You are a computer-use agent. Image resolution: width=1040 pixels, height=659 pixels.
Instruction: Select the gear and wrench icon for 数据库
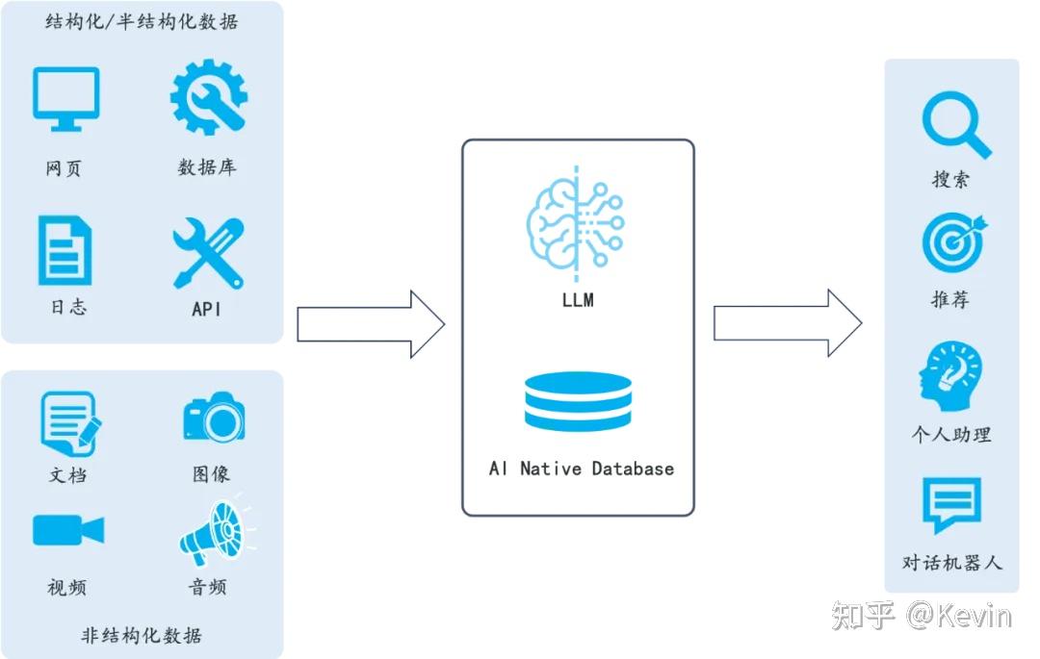point(209,97)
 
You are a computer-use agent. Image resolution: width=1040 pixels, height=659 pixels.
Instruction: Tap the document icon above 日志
point(65,250)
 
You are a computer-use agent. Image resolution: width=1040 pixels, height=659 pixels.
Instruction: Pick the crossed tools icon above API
point(207,252)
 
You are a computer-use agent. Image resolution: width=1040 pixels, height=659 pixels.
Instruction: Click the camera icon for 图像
point(214,418)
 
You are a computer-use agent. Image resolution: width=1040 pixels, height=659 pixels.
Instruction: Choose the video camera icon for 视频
point(67,530)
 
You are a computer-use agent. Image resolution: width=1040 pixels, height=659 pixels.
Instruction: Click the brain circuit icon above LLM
point(576,222)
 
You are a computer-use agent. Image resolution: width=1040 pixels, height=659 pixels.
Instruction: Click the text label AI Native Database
point(582,469)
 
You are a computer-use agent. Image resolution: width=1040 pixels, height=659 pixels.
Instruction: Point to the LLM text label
point(578,300)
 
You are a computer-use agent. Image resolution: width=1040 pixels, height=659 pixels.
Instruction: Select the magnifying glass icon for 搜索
point(955,126)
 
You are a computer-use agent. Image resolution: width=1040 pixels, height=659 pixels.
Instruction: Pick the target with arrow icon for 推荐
point(953,241)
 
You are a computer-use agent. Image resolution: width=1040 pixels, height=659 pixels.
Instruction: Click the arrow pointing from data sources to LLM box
point(370,324)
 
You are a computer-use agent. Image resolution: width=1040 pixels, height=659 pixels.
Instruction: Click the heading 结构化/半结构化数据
point(142,22)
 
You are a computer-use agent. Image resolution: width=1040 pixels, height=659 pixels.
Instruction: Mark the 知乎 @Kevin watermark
point(922,615)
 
